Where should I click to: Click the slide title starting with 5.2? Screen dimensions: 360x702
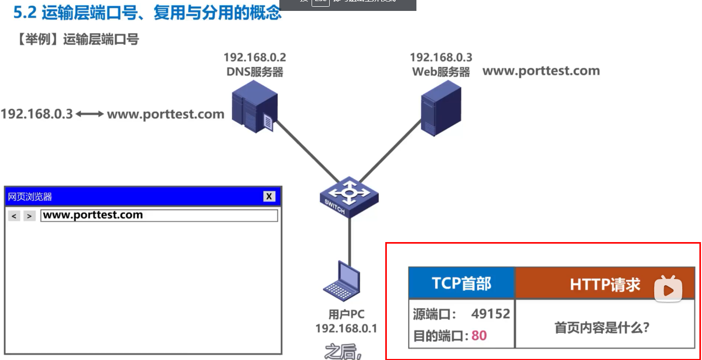(147, 13)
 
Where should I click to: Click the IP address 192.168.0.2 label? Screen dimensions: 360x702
(254, 58)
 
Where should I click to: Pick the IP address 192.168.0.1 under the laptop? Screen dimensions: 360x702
(346, 328)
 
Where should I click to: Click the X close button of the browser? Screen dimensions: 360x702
(269, 196)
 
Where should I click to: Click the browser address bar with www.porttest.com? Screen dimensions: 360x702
(159, 216)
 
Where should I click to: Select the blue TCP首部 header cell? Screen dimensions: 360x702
(461, 284)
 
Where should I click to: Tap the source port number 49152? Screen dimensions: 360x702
(491, 314)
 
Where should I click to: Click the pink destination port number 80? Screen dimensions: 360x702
(479, 336)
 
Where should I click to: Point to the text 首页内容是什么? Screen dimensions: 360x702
(602, 328)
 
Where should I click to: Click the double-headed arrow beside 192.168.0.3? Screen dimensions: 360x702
(90, 114)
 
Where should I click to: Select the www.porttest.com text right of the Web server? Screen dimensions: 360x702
(541, 71)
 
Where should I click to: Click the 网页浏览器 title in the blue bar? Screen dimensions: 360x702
(30, 197)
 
